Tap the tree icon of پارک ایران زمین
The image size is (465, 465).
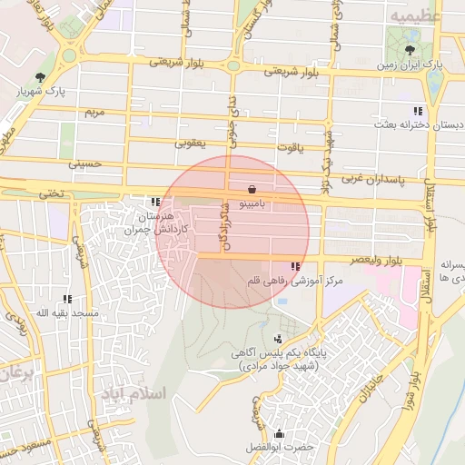pos(412,50)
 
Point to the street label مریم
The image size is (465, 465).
pos(94,113)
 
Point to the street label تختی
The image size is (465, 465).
pos(51,193)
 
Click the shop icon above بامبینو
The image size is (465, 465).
pos(251,190)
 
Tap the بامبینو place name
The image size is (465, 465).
pos(251,205)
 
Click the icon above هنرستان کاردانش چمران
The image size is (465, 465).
pos(156,202)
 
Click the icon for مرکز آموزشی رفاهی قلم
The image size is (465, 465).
pos(295,267)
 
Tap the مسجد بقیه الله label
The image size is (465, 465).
pos(61,312)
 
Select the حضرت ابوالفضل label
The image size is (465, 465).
pos(278,448)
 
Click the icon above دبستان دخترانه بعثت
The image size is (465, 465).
pos(418,110)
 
